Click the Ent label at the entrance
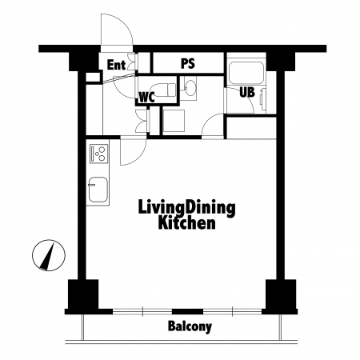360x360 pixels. pos(116,65)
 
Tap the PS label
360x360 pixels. pos(188,64)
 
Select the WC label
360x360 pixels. pos(147,98)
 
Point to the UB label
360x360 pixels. pos(247,92)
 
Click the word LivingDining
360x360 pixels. pos(186,208)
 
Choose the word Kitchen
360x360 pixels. pos(186,223)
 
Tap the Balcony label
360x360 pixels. pos(190,326)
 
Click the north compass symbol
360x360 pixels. pos(49,255)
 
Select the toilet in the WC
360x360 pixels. pos(162,90)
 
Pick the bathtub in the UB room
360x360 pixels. pos(246,73)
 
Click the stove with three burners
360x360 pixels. pos(99,154)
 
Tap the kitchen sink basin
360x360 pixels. pos(98,190)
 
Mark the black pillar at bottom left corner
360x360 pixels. pos(83,294)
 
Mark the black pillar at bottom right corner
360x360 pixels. pos(281,294)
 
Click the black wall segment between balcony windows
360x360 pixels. pos(187,311)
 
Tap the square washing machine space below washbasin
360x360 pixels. pos(174,120)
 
